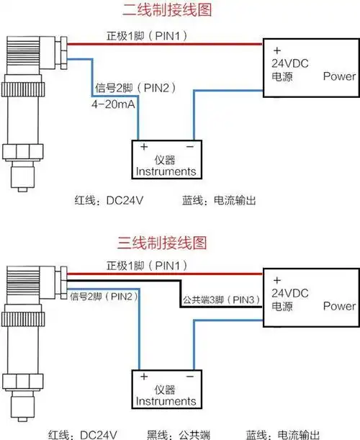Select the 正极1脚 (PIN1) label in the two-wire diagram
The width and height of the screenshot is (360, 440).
148,36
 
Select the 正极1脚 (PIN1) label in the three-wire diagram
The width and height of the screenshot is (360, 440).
148,266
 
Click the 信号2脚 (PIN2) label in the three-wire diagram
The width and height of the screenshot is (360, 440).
102,296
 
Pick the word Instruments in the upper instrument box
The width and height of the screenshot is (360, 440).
166,171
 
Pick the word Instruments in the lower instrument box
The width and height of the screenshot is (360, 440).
166,400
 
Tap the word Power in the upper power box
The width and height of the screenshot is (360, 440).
339,76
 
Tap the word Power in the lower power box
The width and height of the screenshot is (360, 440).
339,306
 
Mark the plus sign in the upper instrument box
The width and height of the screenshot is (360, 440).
144,146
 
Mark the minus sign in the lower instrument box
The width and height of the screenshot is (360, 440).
190,376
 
